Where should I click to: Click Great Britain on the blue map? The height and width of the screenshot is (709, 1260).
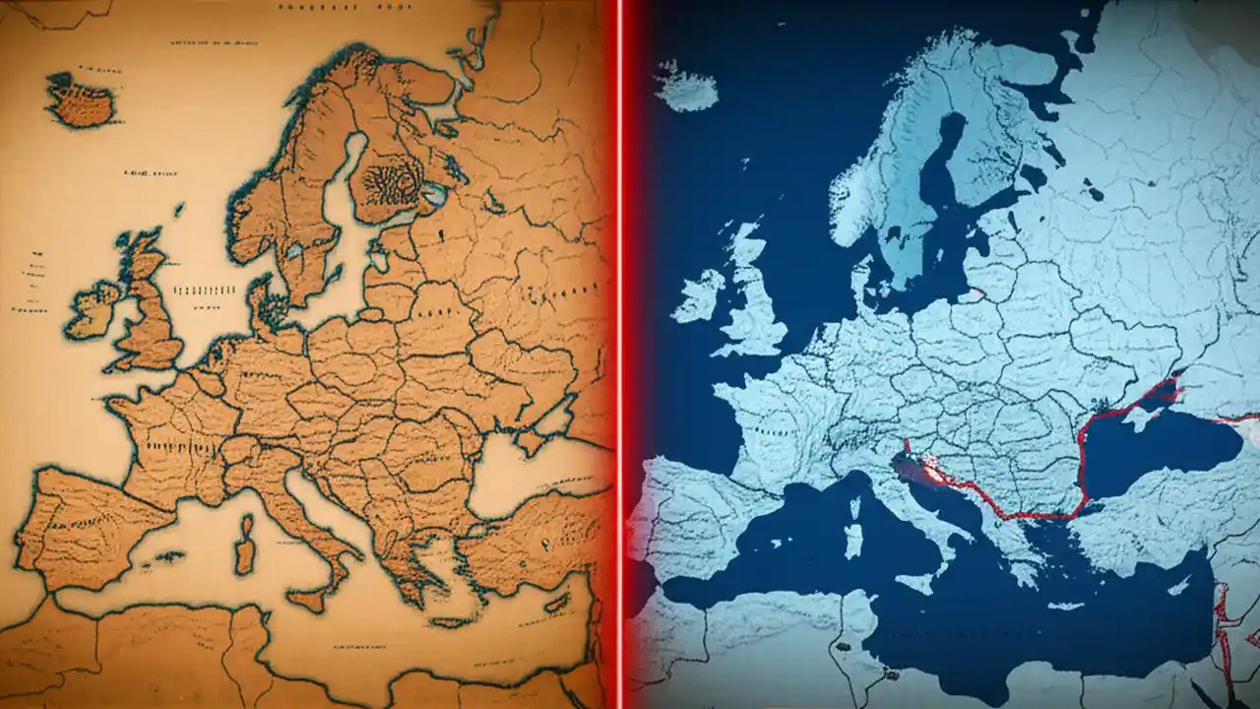tap(756, 300)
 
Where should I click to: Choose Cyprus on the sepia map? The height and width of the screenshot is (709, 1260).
tap(557, 603)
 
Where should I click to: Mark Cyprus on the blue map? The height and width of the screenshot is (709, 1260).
tap(1177, 585)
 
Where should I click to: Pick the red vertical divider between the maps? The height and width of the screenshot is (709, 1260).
tap(619, 354)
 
